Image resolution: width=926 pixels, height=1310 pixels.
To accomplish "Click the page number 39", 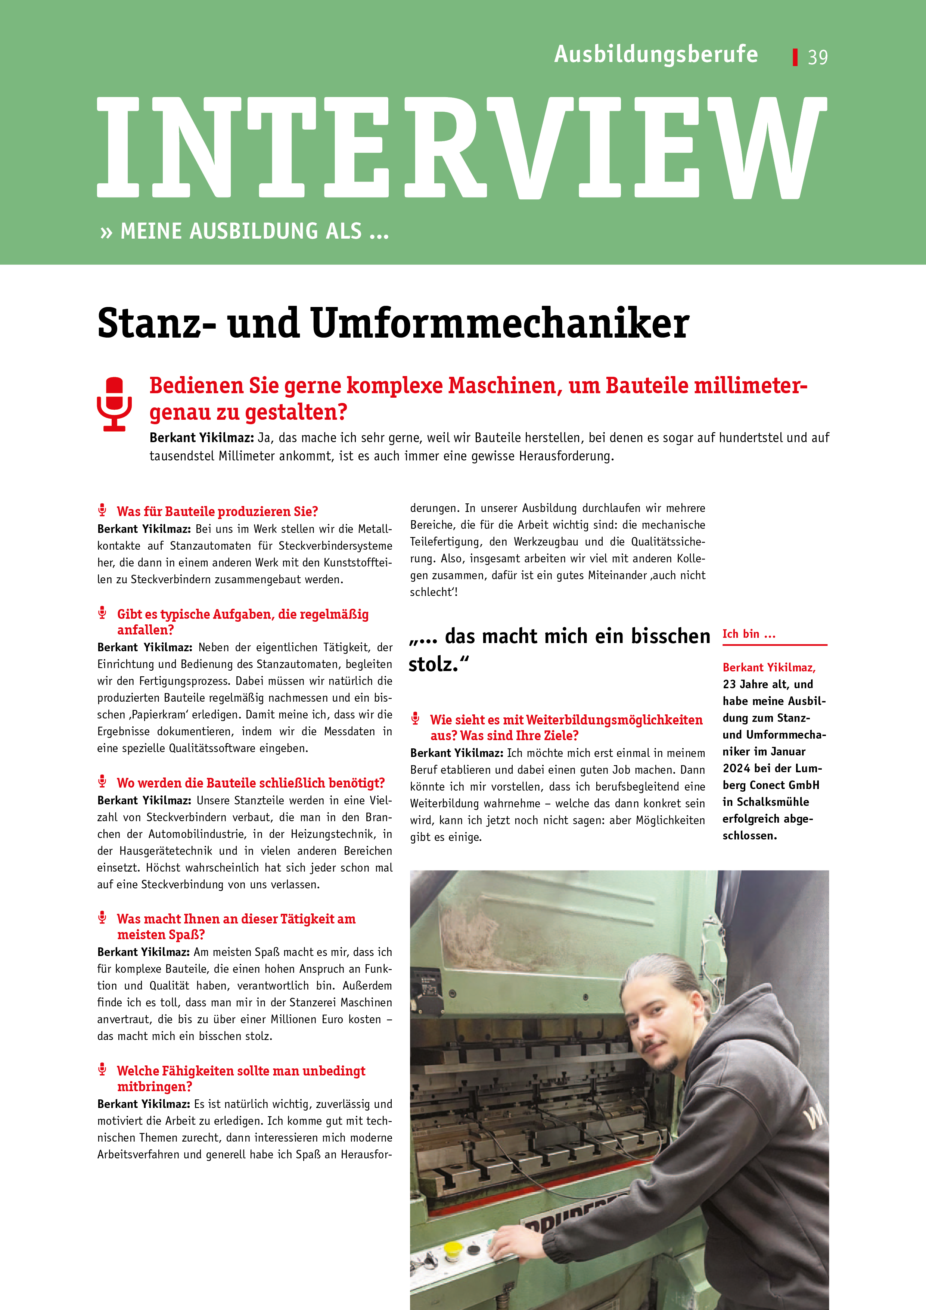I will tap(818, 57).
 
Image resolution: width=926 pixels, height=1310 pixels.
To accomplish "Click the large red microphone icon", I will tap(115, 403).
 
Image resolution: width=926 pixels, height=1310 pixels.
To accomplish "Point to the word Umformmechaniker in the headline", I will tap(500, 323).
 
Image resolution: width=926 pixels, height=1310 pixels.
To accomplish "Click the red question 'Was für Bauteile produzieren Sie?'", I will tap(217, 511).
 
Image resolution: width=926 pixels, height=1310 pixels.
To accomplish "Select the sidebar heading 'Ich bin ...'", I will tap(749, 634).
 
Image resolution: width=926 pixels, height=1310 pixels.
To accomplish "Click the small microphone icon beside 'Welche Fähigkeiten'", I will tap(103, 1069).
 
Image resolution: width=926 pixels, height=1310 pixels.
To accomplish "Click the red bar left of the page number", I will tap(795, 57).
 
